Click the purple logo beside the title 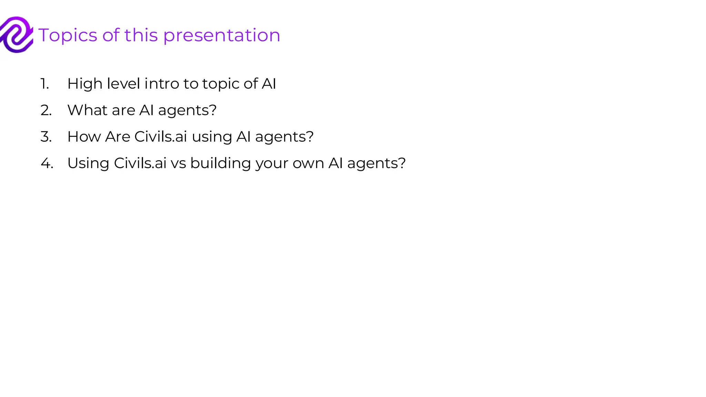click(x=17, y=34)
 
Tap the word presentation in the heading click(x=222, y=35)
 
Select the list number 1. click(x=44, y=84)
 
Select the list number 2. click(x=46, y=110)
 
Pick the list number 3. click(x=46, y=137)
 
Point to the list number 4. click(x=47, y=163)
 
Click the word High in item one click(x=85, y=84)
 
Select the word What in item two click(x=88, y=110)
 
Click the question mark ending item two click(x=213, y=110)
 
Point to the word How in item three click(x=84, y=137)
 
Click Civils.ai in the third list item click(x=161, y=137)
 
